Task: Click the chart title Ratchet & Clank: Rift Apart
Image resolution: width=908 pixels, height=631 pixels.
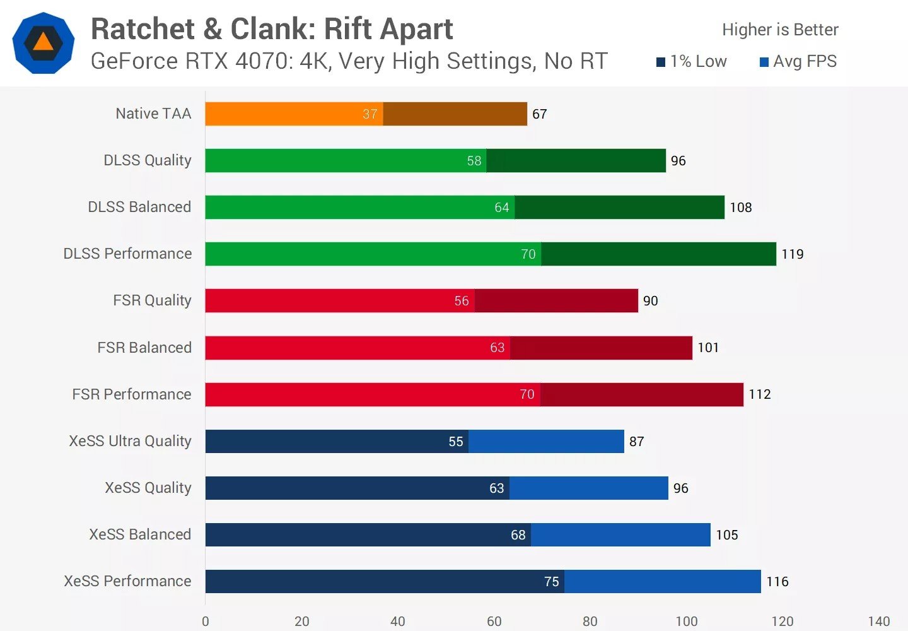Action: [x=272, y=30]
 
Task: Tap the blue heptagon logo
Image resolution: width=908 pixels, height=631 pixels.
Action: [x=44, y=43]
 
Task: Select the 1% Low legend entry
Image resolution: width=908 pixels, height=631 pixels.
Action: [x=692, y=61]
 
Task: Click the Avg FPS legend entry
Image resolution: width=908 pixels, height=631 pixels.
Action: [x=798, y=61]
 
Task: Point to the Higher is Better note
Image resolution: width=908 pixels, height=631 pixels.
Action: [x=780, y=30]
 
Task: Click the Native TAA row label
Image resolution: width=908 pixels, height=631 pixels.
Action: [x=153, y=114]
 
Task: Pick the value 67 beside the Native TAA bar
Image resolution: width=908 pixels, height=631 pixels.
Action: [x=539, y=114]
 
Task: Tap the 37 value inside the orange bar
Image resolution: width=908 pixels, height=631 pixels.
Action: [x=370, y=114]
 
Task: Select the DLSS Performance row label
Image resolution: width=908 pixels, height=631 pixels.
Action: [x=127, y=254]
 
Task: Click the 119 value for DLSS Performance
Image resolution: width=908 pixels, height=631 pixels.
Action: [x=793, y=254]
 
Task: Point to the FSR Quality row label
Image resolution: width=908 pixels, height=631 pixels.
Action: [x=152, y=300]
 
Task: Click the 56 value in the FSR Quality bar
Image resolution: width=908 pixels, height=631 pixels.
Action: [x=462, y=301]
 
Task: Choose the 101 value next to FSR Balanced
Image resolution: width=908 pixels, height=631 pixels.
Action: [x=708, y=348]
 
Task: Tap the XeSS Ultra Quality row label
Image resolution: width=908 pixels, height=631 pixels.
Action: [x=130, y=441]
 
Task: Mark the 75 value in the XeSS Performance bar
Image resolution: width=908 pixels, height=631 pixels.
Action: [x=552, y=582]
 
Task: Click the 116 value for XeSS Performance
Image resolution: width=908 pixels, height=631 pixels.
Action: [x=777, y=582]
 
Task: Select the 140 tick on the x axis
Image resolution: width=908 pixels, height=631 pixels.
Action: [x=879, y=622]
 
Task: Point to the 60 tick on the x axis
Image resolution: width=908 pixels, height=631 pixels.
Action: [x=494, y=622]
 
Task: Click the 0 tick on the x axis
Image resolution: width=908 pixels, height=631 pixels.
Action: [x=206, y=622]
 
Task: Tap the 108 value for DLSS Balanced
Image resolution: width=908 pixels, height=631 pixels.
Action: [x=741, y=208]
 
